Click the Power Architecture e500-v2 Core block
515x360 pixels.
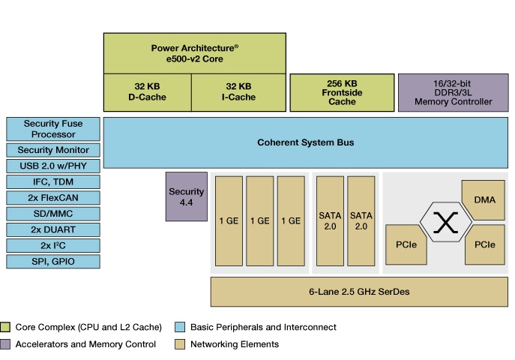(x=194, y=52)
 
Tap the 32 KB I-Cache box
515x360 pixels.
(x=238, y=91)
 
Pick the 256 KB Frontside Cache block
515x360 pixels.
(x=341, y=92)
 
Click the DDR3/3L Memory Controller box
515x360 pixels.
(x=451, y=92)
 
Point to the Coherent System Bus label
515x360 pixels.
(x=305, y=142)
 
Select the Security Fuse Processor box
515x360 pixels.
(x=52, y=129)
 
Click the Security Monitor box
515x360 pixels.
(x=52, y=150)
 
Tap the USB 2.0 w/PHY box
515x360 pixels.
(x=52, y=166)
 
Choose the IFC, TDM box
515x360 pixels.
(x=52, y=181)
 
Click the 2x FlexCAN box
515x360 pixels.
(x=52, y=198)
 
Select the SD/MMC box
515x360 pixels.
(x=52, y=214)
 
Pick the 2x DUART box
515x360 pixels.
(x=52, y=229)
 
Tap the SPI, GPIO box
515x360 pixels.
(x=52, y=262)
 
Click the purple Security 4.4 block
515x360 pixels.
(x=186, y=196)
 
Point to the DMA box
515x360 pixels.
(x=484, y=200)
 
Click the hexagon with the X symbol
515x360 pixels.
(x=446, y=223)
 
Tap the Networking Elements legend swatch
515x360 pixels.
(x=179, y=344)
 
